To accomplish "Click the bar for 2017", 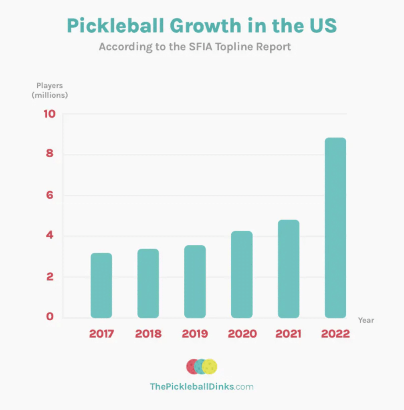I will (x=101, y=285).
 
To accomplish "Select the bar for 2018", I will (x=148, y=283).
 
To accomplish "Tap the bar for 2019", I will (x=195, y=281).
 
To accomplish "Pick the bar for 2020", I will (x=242, y=275).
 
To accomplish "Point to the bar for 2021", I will (x=289, y=269).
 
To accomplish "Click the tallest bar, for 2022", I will (x=335, y=228).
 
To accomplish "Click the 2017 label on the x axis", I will (x=101, y=334).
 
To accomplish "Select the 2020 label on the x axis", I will (x=242, y=334).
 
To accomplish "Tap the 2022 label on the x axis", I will (x=335, y=334).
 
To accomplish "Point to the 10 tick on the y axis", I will (x=49, y=114).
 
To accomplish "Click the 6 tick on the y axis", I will (x=50, y=195).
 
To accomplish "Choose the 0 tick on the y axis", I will (x=50, y=318).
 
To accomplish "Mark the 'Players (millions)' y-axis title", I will (x=50, y=90).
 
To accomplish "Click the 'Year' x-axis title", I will (x=366, y=320).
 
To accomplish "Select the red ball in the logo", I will (x=194, y=366).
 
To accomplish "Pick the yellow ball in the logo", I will (x=210, y=366).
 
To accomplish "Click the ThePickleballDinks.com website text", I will (x=202, y=386).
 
